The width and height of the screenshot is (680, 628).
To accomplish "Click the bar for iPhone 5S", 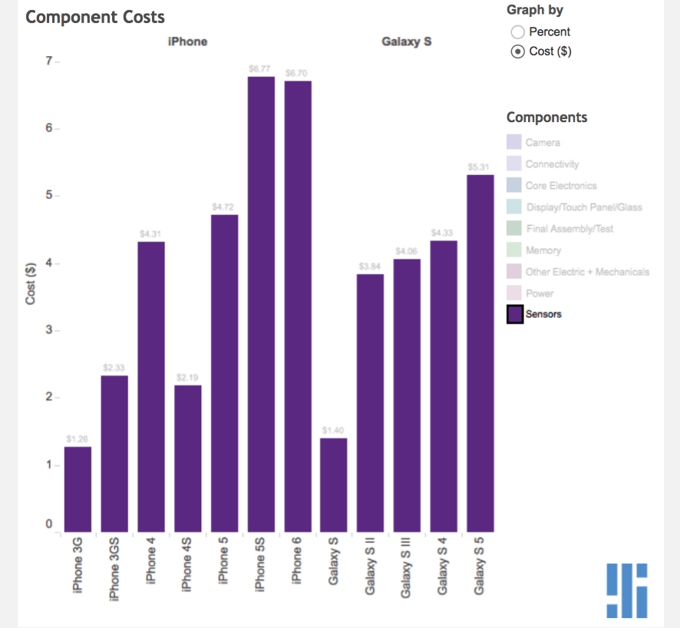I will pyautogui.click(x=261, y=304).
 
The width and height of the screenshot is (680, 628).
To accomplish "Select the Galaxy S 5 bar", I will pyautogui.click(x=480, y=353).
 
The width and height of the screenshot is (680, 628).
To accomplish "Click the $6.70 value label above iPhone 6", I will pyautogui.click(x=296, y=73).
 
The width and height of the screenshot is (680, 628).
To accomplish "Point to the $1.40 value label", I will pyautogui.click(x=333, y=431).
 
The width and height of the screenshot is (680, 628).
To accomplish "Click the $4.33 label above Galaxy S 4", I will pyautogui.click(x=444, y=233).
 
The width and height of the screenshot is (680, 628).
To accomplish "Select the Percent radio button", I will pyautogui.click(x=517, y=31).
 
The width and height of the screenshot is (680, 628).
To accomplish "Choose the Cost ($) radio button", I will pyautogui.click(x=517, y=51).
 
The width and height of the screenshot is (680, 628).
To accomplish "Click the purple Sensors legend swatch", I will pyautogui.click(x=515, y=314).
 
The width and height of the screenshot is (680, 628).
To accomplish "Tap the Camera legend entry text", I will pyautogui.click(x=543, y=143).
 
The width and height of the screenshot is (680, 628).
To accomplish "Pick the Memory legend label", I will pyautogui.click(x=543, y=250).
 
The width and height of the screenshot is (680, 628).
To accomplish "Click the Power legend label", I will pyautogui.click(x=540, y=293).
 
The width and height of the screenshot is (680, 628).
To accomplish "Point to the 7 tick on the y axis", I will pyautogui.click(x=48, y=61).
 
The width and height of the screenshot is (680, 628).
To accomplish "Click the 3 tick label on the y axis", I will pyautogui.click(x=48, y=330).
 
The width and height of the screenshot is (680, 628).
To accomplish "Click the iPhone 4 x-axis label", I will pyautogui.click(x=151, y=560).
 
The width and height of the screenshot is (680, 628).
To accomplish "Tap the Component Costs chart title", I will pyautogui.click(x=95, y=17).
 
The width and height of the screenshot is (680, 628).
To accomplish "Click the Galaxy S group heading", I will pyautogui.click(x=406, y=41).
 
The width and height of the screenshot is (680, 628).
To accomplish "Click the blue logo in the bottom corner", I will pyautogui.click(x=626, y=590).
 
